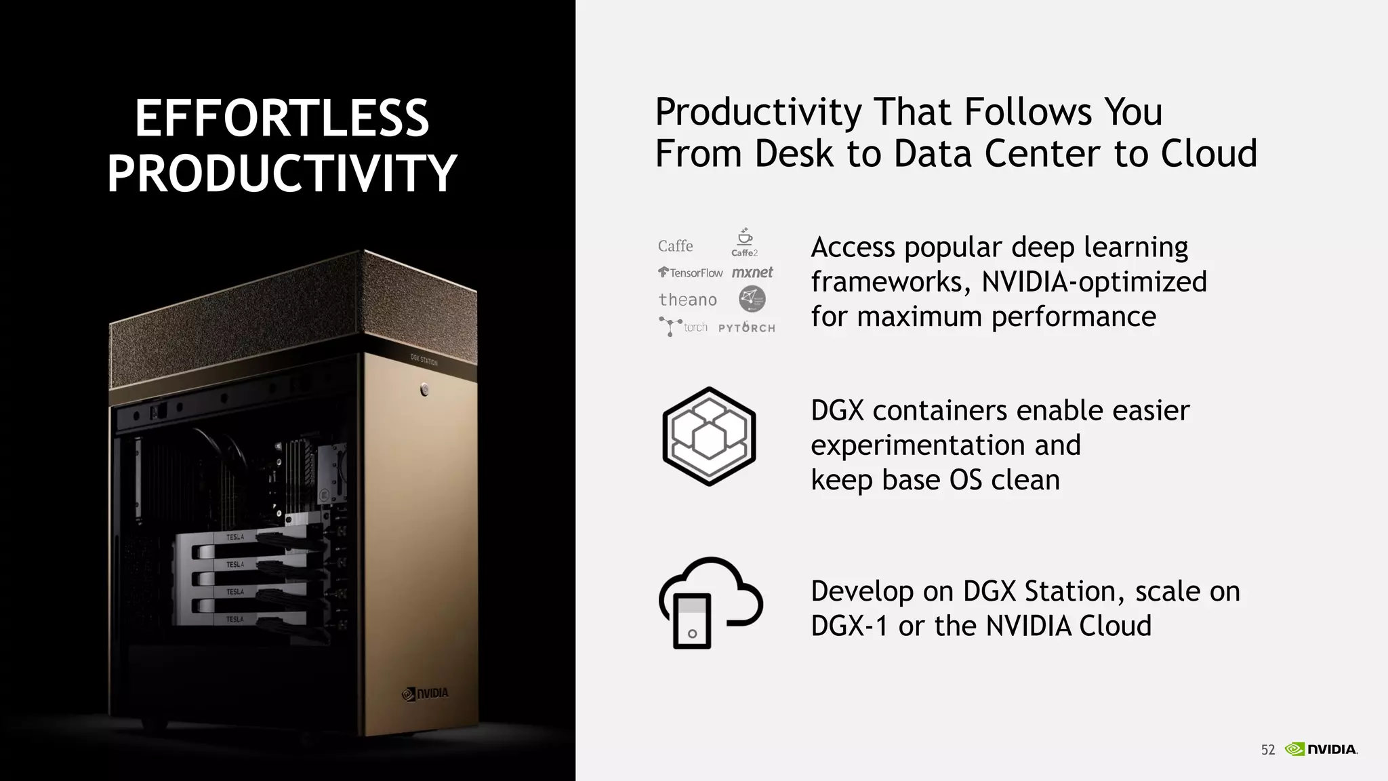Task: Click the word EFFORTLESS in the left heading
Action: [282, 118]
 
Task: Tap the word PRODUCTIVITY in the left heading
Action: [282, 174]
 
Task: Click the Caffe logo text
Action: [675, 246]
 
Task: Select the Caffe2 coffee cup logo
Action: [744, 242]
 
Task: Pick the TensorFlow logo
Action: [690, 273]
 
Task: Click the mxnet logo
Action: [752, 273]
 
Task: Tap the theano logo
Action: [687, 300]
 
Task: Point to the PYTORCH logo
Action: [746, 327]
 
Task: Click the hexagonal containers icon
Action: [709, 437]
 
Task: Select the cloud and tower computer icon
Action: [709, 602]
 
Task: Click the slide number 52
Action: [1267, 750]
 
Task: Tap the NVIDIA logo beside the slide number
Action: [1321, 749]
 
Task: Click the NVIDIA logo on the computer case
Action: [425, 694]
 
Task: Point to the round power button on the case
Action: [424, 389]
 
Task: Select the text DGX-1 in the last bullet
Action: [849, 626]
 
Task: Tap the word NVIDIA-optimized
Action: [1094, 282]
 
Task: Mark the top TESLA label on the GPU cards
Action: [234, 537]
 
